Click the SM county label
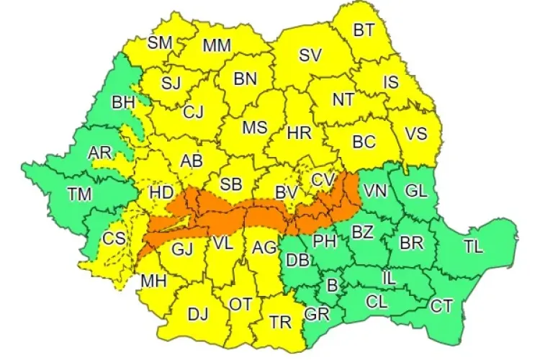click(160, 42)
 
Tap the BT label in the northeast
click(364, 30)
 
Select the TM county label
click(79, 192)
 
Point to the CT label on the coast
click(441, 307)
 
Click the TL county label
click(473, 246)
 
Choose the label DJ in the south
click(198, 314)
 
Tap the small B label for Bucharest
click(332, 286)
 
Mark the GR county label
click(315, 314)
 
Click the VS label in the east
click(416, 134)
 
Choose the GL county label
click(416, 191)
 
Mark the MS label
click(254, 128)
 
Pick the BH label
click(123, 103)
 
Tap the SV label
click(310, 55)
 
